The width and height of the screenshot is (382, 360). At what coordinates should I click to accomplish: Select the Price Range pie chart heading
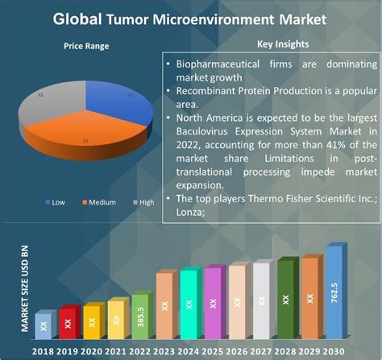click(86, 47)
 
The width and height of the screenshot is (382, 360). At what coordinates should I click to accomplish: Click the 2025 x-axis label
click(212, 352)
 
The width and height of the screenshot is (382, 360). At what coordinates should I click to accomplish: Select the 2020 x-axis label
click(91, 352)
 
